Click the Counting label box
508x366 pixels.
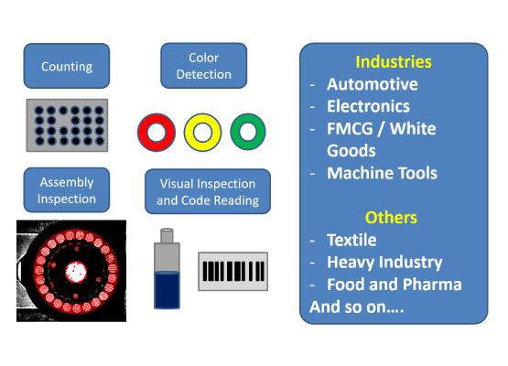[67, 66]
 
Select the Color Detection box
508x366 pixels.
[204, 66]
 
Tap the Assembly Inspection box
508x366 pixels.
[67, 190]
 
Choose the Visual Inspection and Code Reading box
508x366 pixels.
[208, 191]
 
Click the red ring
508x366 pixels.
[146, 132]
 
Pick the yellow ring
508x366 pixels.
[191, 132]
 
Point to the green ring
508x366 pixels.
[237, 132]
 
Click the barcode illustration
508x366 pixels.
[232, 272]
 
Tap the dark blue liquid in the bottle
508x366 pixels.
[167, 290]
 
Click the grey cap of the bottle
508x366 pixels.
[167, 235]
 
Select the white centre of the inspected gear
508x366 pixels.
[76, 272]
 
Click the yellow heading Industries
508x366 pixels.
[394, 61]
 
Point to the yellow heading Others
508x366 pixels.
[391, 218]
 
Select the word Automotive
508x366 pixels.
[373, 84]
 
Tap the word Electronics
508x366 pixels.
[368, 106]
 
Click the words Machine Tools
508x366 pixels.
[382, 173]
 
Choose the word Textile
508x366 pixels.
[351, 240]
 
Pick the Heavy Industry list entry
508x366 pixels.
[384, 263]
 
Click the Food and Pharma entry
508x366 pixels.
[395, 285]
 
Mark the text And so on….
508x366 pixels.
[357, 307]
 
